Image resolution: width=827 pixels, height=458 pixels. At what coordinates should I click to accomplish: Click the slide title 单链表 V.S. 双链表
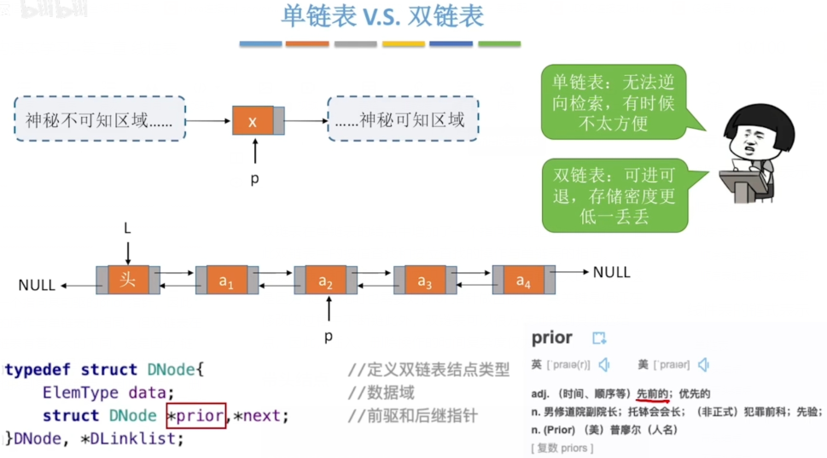tap(381, 18)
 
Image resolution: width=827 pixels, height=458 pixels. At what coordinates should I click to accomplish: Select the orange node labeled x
tap(253, 120)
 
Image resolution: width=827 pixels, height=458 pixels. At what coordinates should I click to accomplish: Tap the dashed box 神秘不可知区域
tap(99, 119)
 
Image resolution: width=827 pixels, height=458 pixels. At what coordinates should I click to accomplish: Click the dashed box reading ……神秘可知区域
tap(402, 119)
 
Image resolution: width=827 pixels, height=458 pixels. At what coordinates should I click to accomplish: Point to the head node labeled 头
tap(127, 280)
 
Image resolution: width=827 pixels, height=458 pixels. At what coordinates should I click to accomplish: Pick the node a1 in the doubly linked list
tap(226, 281)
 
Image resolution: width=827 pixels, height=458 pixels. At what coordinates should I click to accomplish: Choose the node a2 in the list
tap(325, 281)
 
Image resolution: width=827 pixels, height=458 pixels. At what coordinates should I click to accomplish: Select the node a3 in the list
tap(424, 281)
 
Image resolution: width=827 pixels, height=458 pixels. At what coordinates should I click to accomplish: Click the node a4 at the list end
tap(523, 281)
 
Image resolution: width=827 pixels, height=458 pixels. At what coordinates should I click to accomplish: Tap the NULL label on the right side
tap(611, 272)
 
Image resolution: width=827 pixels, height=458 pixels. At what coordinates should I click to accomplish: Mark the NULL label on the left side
tap(37, 286)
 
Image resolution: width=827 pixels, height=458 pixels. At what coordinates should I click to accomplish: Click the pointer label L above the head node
tap(127, 229)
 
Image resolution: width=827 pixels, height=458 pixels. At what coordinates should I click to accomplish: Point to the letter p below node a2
tap(328, 336)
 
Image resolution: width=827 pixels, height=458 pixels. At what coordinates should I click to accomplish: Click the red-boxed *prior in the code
tap(196, 416)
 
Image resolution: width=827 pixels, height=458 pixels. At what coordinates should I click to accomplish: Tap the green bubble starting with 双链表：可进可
tap(613, 195)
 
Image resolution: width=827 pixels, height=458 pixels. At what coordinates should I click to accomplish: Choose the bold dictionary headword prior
tap(552, 338)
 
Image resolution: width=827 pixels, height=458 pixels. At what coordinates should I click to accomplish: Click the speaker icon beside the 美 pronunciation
tap(703, 365)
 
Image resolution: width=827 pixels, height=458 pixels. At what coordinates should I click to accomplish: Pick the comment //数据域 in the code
tap(381, 393)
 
